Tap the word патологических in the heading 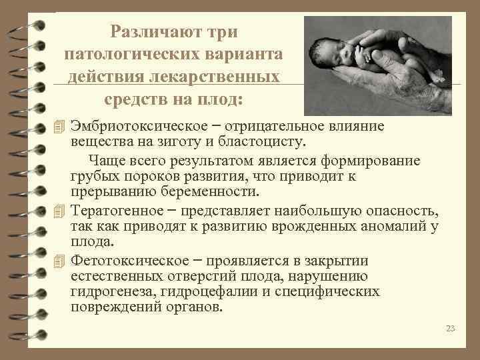[x=118, y=54]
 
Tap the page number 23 [x=450, y=328]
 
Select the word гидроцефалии [x=200, y=292]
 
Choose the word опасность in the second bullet [x=403, y=212]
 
